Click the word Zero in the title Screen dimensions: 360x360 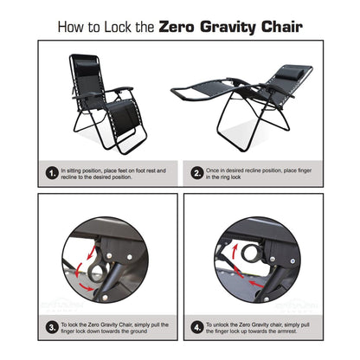pyautogui.click(x=184, y=26)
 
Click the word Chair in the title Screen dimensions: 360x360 pyautogui.click(x=281, y=26)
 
